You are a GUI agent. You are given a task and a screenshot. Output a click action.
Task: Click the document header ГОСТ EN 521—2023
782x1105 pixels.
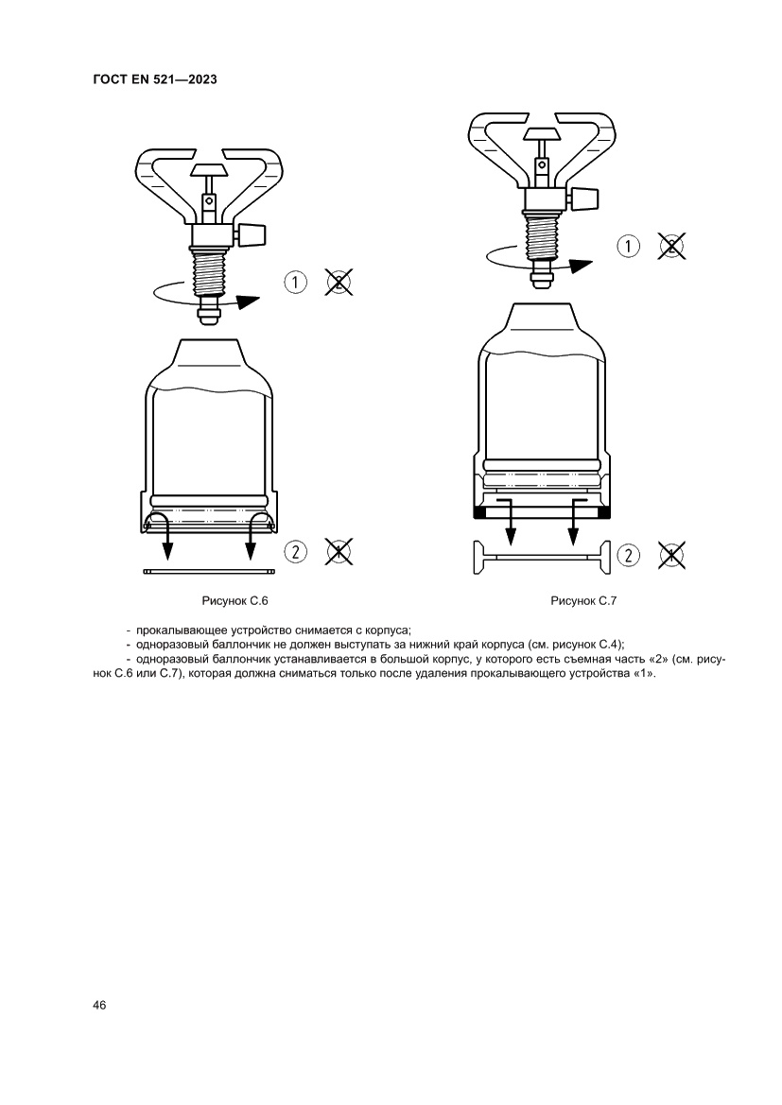(155, 79)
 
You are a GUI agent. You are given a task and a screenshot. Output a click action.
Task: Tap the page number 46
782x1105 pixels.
(99, 1005)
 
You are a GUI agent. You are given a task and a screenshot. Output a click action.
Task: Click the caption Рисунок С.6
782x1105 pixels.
(235, 601)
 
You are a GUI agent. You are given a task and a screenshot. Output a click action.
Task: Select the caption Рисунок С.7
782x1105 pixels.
(583, 601)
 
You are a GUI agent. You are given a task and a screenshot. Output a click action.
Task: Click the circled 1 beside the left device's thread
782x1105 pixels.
(295, 283)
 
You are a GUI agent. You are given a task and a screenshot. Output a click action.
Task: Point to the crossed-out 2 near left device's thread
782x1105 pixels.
(339, 282)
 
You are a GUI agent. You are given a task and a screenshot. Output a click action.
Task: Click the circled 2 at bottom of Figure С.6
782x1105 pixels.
(295, 551)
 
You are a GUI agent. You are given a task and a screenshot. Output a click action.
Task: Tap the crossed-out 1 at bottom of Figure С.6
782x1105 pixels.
(339, 551)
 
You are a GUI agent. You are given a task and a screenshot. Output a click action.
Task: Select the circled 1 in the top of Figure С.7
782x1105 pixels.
(628, 246)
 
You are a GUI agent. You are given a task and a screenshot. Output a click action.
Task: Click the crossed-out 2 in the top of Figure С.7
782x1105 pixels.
(672, 246)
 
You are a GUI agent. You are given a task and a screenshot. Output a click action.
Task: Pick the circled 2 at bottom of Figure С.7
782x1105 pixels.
(628, 555)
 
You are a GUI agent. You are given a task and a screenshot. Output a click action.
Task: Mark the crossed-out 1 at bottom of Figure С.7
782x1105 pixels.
(672, 555)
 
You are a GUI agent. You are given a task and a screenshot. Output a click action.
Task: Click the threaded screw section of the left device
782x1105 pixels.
(209, 275)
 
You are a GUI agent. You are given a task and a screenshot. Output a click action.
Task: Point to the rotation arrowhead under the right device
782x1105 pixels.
(581, 266)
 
